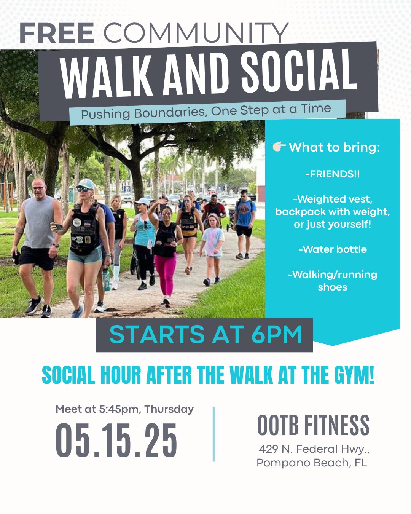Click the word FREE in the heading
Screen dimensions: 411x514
point(57,33)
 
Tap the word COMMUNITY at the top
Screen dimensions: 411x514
point(196,33)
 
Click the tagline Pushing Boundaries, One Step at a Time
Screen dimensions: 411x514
point(206,112)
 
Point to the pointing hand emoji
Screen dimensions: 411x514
point(279,147)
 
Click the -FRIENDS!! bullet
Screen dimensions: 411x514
point(333,174)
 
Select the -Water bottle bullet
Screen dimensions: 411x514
point(333,249)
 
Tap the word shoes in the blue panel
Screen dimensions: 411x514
point(333,287)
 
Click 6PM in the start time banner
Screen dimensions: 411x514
point(277,335)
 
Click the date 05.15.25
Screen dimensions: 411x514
point(116,440)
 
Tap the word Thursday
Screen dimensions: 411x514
point(169,409)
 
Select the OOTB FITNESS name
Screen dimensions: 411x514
point(313,425)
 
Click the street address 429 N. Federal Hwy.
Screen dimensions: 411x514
point(314,449)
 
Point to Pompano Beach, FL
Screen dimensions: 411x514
point(312,463)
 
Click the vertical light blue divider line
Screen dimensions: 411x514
point(214,434)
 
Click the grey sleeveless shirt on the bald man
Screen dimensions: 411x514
point(40,222)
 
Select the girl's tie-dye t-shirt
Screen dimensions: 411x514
point(213,242)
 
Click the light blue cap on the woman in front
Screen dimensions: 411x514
point(86,184)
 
